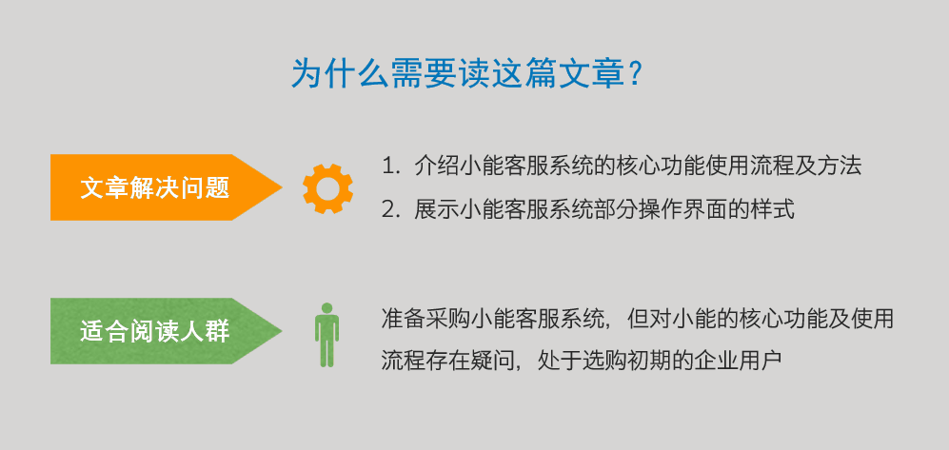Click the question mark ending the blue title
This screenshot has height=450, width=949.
click(636, 74)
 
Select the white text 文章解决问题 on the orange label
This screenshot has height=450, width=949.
click(155, 187)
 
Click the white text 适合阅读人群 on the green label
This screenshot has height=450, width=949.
click(155, 331)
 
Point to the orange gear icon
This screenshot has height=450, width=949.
click(327, 188)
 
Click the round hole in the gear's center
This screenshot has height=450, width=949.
click(327, 188)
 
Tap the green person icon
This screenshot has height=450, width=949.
click(326, 335)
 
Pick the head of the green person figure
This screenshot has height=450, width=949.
click(326, 308)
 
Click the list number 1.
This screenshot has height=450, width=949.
click(387, 166)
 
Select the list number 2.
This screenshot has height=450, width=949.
click(388, 210)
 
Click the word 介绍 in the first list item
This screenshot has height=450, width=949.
click(436, 166)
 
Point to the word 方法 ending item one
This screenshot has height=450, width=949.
click(840, 166)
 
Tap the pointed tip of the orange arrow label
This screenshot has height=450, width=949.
click(282, 187)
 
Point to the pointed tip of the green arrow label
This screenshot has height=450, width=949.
click(282, 331)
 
